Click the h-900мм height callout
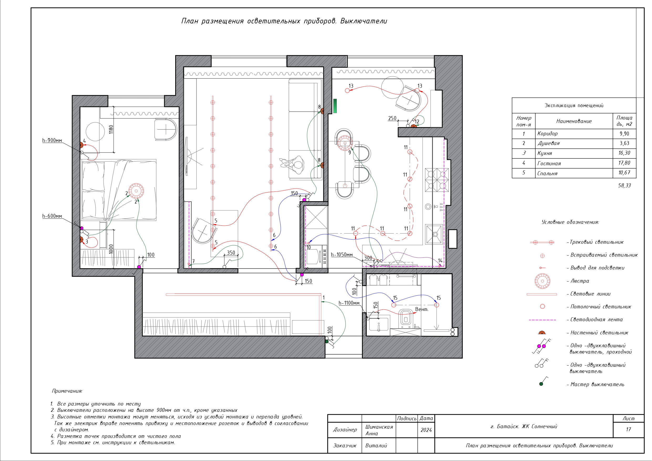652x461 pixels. [52, 140]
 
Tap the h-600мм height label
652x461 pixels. [52, 216]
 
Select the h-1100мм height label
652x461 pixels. [349, 303]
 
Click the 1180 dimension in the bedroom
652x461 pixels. [111, 129]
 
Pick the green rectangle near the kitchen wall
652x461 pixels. [335, 106]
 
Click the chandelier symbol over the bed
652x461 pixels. [136, 191]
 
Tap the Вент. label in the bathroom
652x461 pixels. [422, 309]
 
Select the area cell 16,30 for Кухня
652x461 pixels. [624, 153]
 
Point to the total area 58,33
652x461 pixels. [624, 185]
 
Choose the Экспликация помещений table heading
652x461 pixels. [574, 105]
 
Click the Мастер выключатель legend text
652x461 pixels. [597, 384]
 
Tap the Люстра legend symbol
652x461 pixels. [542, 281]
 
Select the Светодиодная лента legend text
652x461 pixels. [596, 319]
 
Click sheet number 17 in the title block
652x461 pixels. [628, 429]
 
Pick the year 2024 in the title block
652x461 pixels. [426, 430]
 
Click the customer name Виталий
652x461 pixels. [376, 446]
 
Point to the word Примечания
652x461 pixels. [67, 391]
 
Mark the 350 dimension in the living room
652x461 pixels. [231, 252]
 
